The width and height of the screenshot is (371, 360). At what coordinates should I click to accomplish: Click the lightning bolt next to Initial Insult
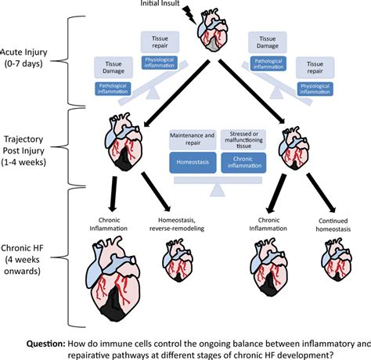186,13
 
